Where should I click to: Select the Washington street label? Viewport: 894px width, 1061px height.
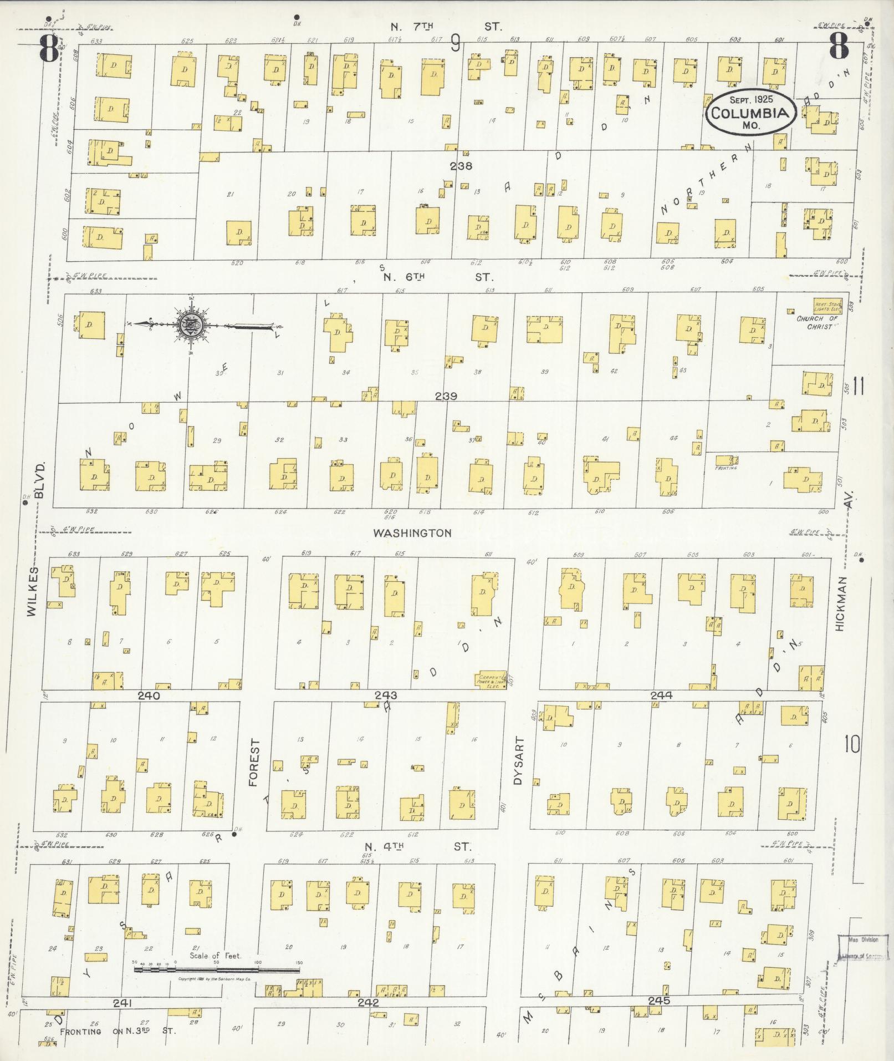(412, 533)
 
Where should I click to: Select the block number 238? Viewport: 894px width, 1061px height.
(461, 166)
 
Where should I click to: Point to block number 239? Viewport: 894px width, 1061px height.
(446, 396)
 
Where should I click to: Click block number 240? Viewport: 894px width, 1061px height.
(149, 695)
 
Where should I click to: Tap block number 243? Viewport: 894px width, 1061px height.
(386, 695)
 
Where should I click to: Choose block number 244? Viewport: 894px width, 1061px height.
(661, 695)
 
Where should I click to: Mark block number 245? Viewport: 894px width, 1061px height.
(658, 1001)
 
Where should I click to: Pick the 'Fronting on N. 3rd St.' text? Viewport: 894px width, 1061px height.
(118, 1031)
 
